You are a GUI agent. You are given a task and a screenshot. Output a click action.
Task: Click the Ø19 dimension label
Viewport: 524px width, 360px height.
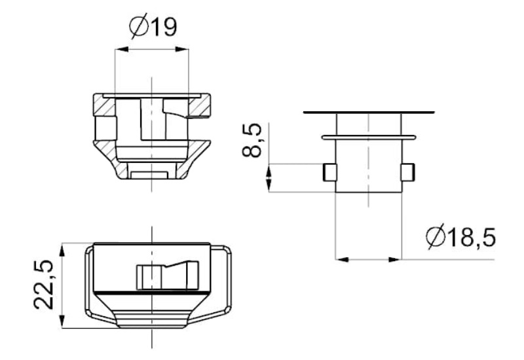point(152,27)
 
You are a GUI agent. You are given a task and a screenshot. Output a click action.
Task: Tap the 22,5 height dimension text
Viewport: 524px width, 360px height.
point(43,285)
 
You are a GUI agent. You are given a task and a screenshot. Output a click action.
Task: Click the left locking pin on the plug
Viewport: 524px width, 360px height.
point(330,171)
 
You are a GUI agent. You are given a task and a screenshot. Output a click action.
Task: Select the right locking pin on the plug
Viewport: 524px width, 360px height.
point(407,171)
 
